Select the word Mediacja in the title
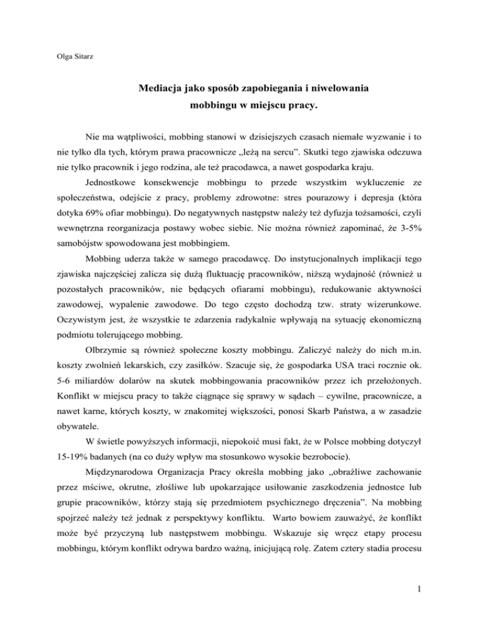[160, 89]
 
